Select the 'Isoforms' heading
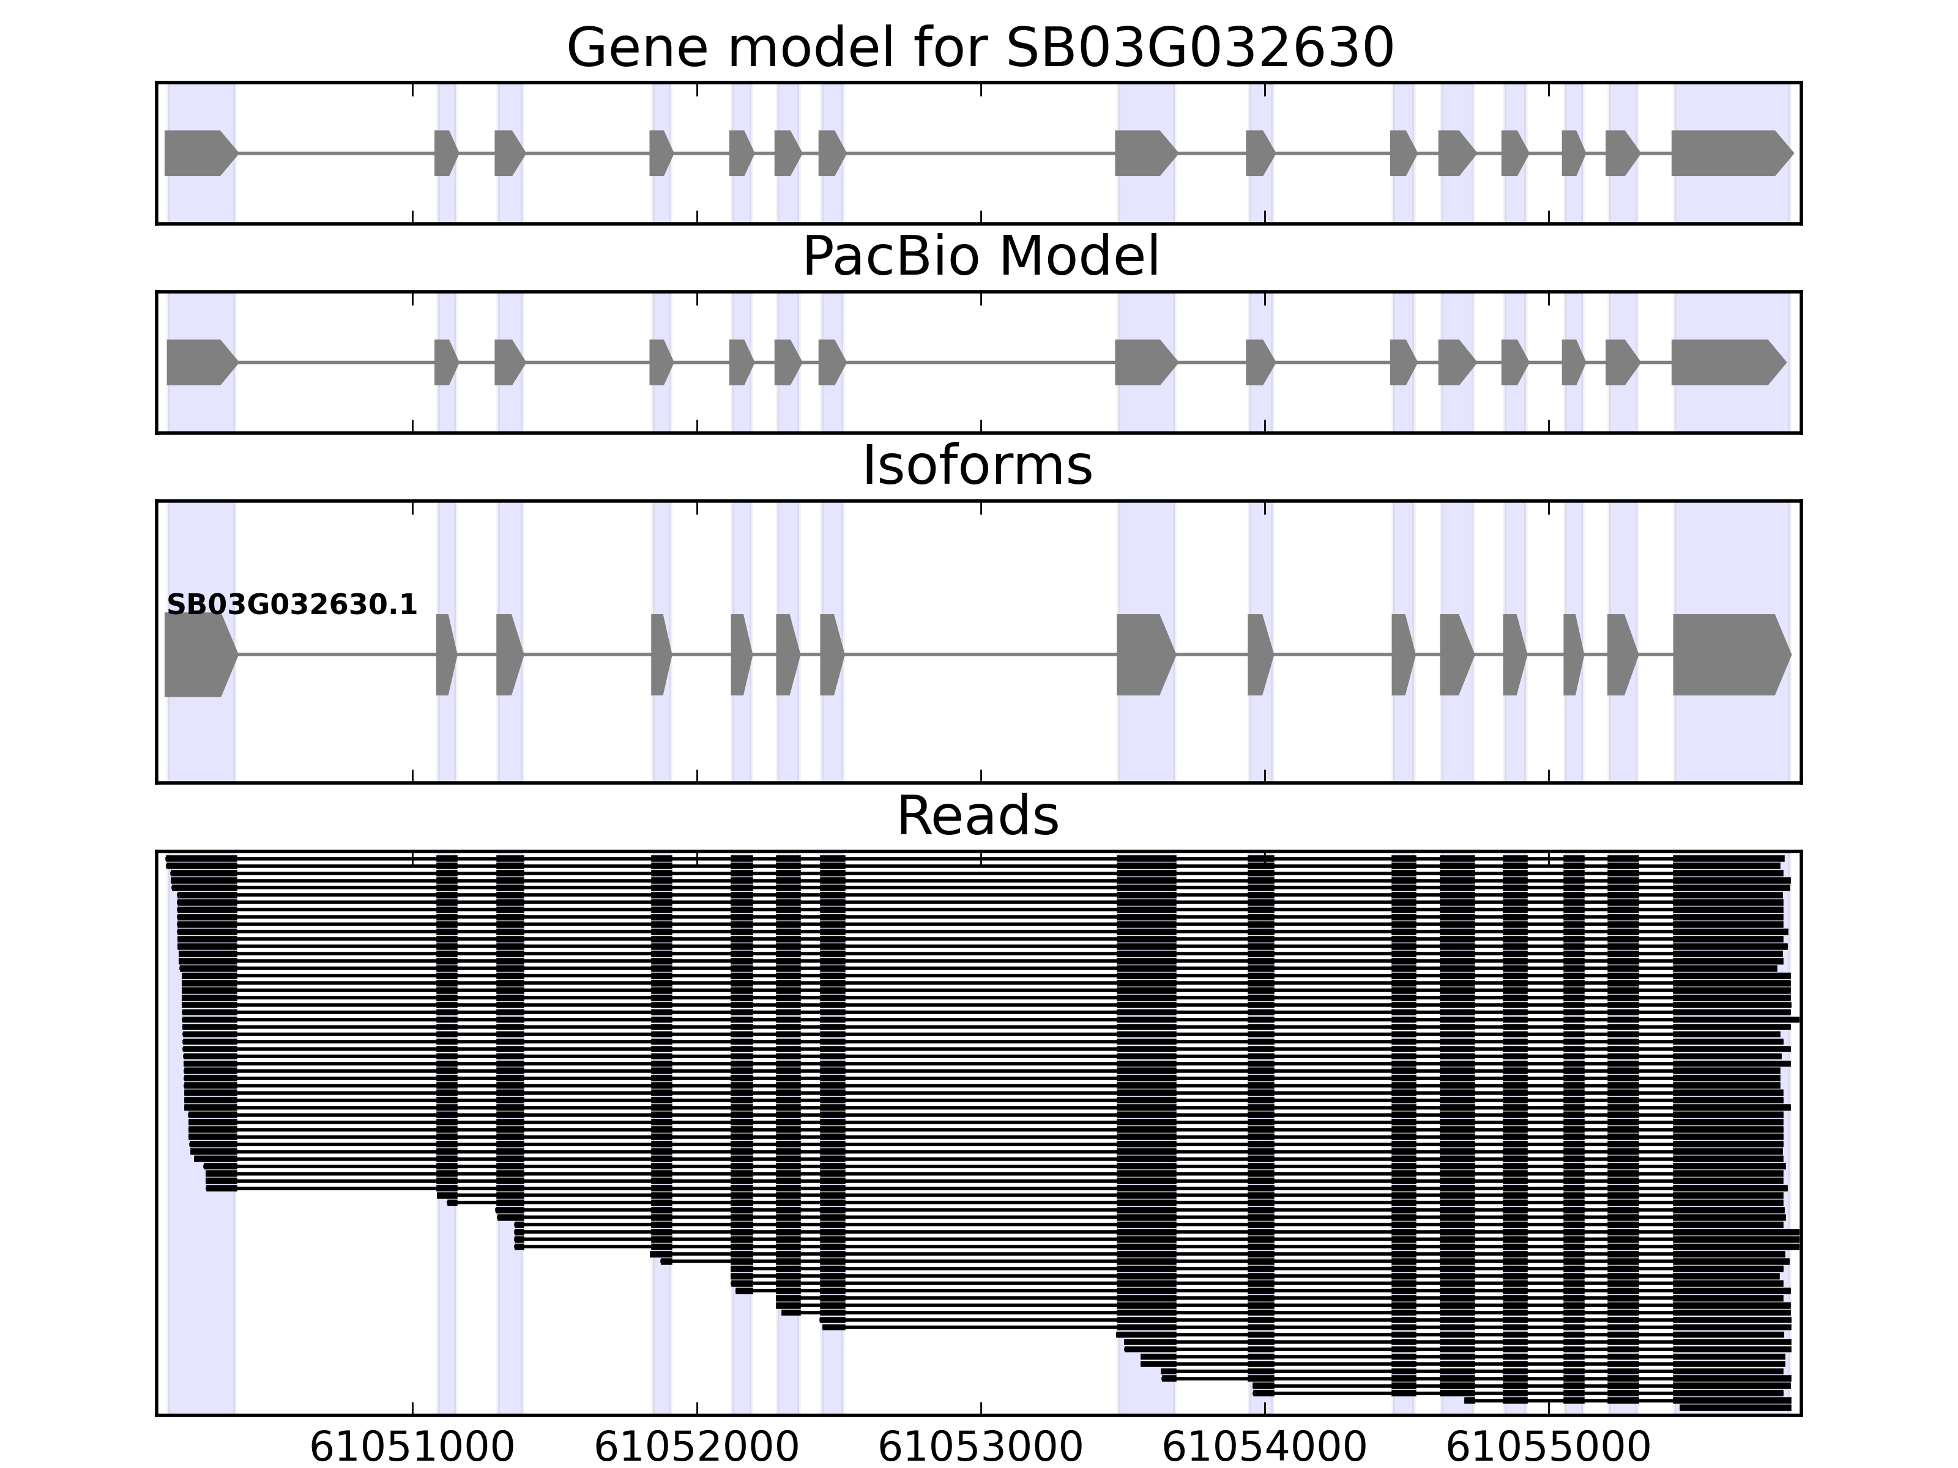(977, 465)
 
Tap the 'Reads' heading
(977, 816)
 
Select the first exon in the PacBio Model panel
(199, 362)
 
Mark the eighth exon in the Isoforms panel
(1144, 655)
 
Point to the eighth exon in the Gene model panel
(1144, 153)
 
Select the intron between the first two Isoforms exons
(337, 655)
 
